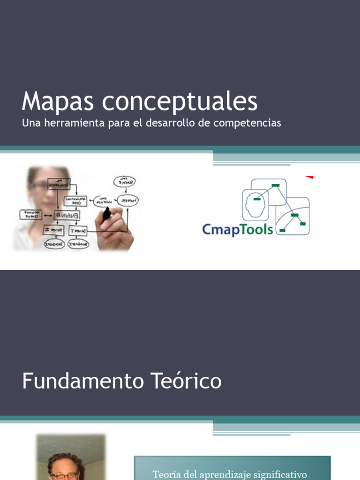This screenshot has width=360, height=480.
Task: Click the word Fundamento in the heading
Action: click(x=76, y=381)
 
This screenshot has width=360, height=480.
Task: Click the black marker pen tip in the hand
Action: click(x=106, y=215)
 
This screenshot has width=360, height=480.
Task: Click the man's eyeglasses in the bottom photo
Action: click(x=65, y=475)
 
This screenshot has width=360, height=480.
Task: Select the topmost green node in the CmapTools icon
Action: click(x=276, y=184)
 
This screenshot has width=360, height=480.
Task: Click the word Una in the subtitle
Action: click(x=29, y=123)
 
